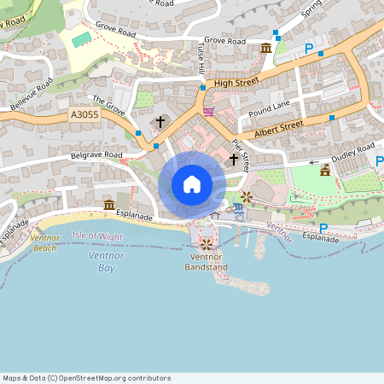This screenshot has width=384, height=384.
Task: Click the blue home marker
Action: coord(192,183)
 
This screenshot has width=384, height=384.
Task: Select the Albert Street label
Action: coord(279,128)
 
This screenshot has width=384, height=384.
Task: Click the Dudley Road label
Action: coord(353,152)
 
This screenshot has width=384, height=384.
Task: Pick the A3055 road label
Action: coord(85,114)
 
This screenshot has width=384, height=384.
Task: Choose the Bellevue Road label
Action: coord(32,94)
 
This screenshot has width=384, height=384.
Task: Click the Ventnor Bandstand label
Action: coord(206,262)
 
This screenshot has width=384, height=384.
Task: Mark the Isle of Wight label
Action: coord(97,235)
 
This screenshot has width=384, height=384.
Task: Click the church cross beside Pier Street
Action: coord(234,160)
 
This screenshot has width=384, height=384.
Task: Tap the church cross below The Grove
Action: coord(160,122)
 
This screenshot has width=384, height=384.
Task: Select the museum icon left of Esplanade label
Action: coord(109,205)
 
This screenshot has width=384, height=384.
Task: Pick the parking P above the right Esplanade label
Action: coord(323,228)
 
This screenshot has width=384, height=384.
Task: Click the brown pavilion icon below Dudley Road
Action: coord(324,171)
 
